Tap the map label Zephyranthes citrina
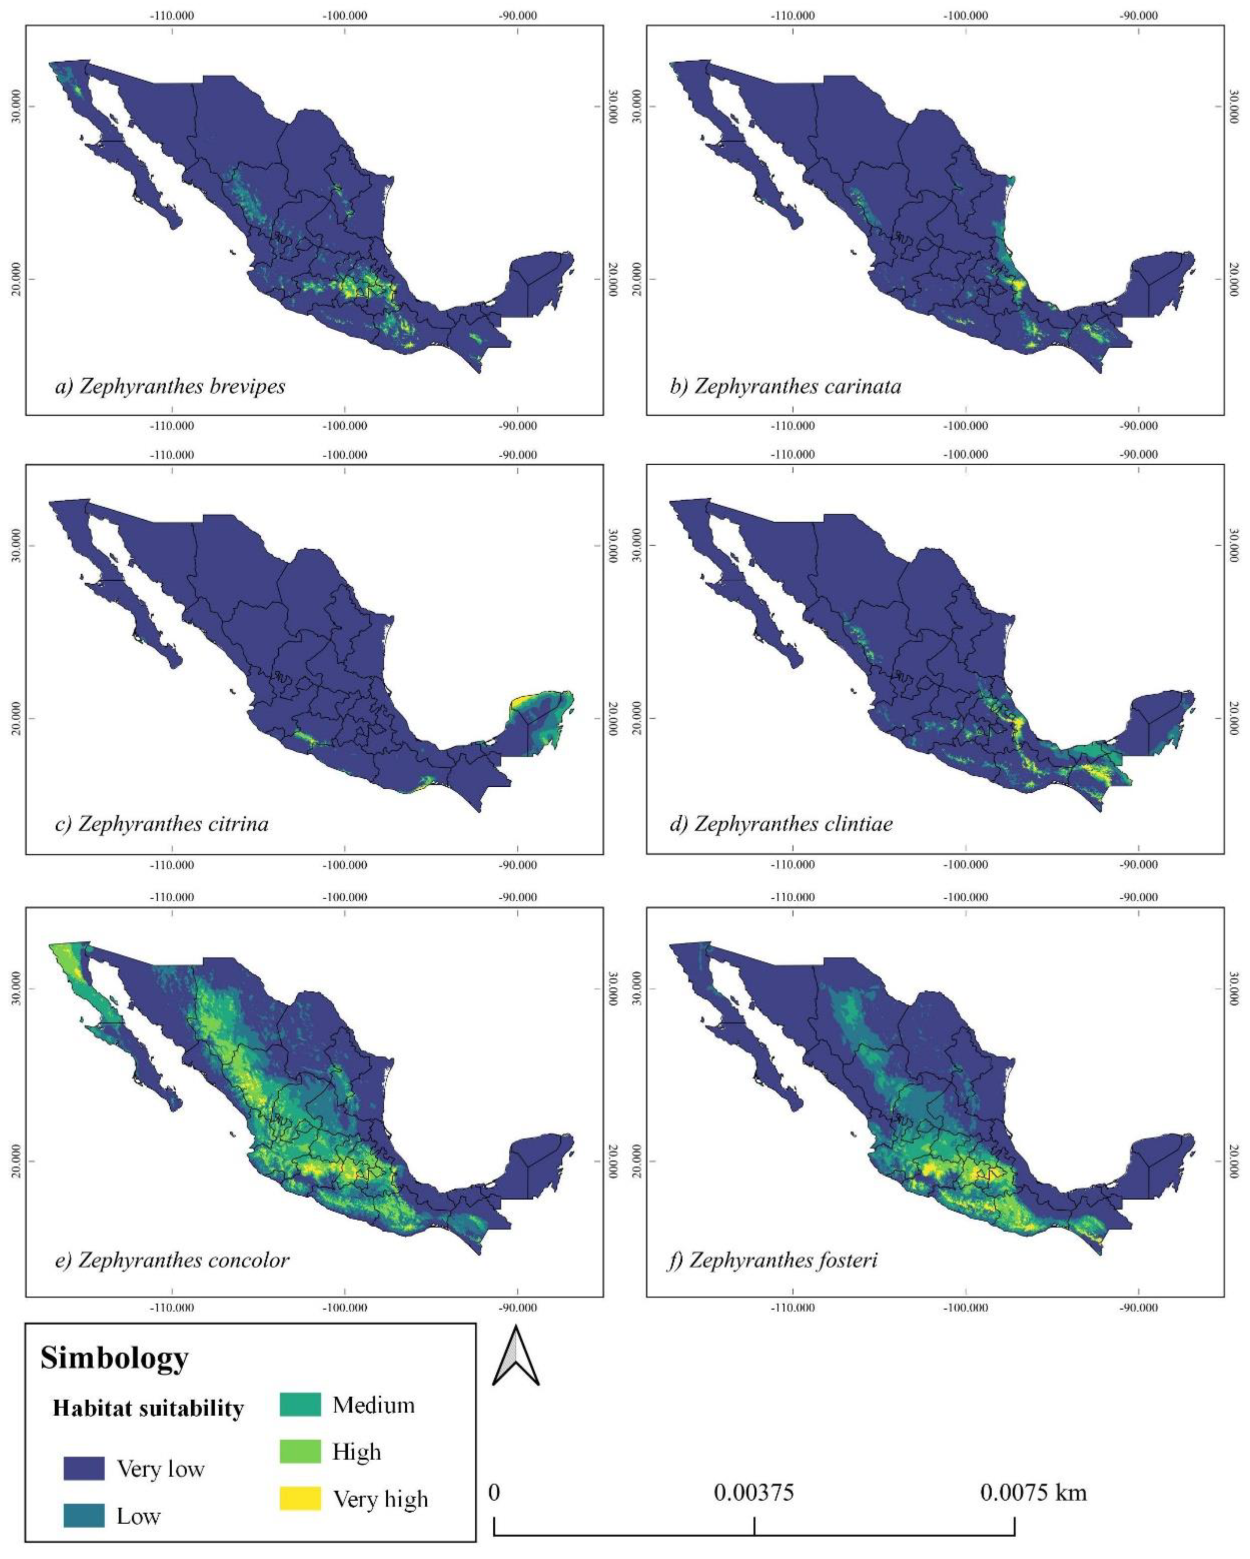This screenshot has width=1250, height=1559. tap(162, 824)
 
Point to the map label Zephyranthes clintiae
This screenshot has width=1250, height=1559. tap(781, 824)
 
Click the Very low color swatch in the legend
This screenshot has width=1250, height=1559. tap(84, 1469)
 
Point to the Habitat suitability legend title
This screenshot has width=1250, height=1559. tap(148, 1408)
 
